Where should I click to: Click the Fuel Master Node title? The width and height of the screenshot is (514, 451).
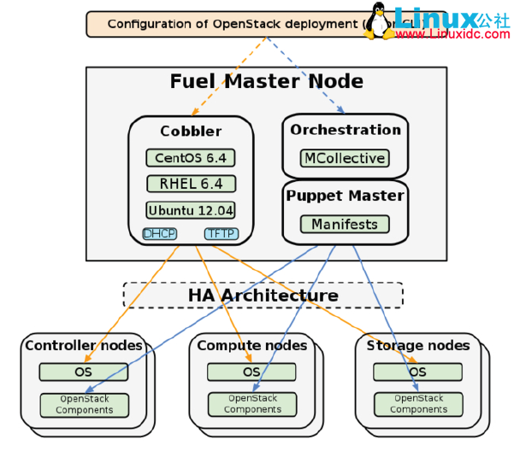266,82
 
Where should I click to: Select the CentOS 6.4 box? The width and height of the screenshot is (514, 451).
190,158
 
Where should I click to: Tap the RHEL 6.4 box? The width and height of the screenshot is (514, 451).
190,184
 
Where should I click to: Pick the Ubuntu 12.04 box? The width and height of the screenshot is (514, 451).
190,210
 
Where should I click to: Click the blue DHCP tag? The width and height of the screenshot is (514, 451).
159,233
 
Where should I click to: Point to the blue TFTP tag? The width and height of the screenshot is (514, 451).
221,233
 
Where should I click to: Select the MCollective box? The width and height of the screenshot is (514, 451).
345,158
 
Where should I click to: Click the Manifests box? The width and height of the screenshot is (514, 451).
345,224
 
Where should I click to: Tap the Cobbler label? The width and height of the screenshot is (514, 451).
190,132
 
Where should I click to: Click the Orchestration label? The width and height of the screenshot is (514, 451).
345,130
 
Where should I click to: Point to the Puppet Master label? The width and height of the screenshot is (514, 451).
345,196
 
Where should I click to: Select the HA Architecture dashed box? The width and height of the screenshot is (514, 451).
263,296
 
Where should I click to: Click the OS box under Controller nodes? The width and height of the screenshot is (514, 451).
83,372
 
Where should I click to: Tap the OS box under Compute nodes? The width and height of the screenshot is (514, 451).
251,372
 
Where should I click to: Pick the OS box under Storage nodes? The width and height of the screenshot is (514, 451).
417,372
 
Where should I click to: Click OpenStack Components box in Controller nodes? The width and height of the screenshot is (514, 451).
84,404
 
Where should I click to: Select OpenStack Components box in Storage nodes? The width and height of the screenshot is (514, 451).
418,404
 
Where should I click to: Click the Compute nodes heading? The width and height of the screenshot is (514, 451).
251,346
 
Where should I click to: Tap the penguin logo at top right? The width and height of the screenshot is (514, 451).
379,20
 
